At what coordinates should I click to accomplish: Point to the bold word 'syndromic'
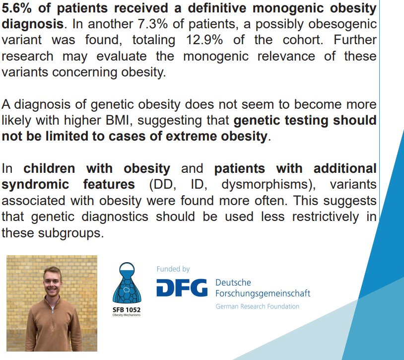34,184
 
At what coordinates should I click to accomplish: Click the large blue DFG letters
182,288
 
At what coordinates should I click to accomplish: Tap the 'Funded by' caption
173,269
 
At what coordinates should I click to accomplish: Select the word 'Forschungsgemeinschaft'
263,293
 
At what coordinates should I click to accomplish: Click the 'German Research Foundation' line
257,306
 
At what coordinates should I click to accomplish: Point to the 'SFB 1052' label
127,309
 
